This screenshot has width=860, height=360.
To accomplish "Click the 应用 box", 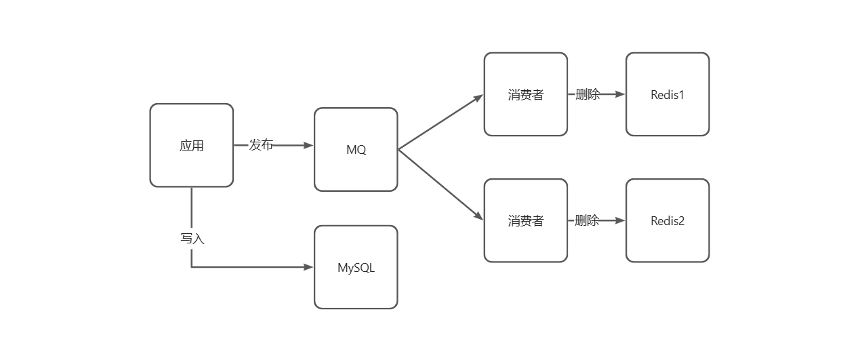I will point(191,145).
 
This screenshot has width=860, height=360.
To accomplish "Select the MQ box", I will point(356,149).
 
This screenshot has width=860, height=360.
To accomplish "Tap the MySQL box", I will point(356,267).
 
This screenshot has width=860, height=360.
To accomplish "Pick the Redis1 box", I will point(668,94).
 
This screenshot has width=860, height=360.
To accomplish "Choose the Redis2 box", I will point(668,220).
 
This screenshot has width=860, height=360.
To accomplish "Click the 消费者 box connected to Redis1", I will point(526,94).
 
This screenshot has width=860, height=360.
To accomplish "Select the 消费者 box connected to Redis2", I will point(526,220).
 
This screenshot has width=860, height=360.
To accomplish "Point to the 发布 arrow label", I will point(261,145).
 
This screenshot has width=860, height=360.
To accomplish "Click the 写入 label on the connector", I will point(192,239).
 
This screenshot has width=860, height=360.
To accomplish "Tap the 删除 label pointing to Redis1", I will point(587,94).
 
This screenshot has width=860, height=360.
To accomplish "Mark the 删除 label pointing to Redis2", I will point(587,220).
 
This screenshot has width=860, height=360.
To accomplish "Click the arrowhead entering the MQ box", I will point(309,145).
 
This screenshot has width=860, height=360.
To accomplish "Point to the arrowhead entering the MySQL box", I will point(309,267).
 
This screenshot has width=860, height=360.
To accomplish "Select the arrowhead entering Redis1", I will point(620,94).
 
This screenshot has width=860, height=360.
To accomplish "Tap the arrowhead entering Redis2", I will point(620,220).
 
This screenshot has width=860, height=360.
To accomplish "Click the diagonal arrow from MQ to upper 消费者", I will point(441,122).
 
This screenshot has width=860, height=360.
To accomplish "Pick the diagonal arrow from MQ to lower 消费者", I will point(441,184).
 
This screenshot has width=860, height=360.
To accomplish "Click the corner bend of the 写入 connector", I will point(192,267).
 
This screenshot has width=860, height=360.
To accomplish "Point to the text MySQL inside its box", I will point(356,268).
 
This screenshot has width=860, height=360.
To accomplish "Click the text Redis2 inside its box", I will point(668,221).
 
